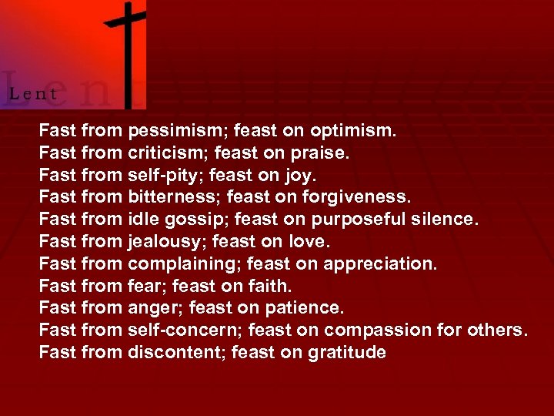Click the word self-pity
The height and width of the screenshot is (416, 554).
click(159, 176)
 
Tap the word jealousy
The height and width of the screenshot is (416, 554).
click(164, 243)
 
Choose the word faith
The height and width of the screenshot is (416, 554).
click(269, 287)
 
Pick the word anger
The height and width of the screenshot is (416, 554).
click(152, 308)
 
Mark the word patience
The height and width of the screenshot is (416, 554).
click(305, 308)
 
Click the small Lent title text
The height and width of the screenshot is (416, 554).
click(33, 94)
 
